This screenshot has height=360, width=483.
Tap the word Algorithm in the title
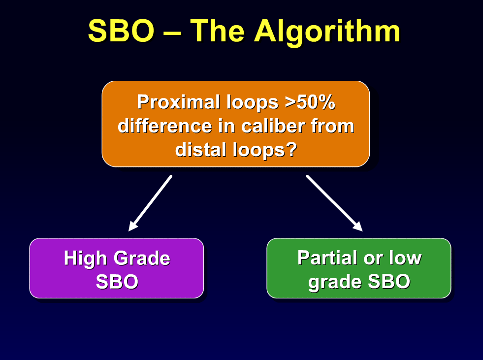[327, 32]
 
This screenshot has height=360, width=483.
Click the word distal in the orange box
[200, 150]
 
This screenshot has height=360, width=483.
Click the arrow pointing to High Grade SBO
[150, 203]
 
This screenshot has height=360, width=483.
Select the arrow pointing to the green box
[334, 203]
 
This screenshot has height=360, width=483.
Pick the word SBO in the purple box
[117, 282]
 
